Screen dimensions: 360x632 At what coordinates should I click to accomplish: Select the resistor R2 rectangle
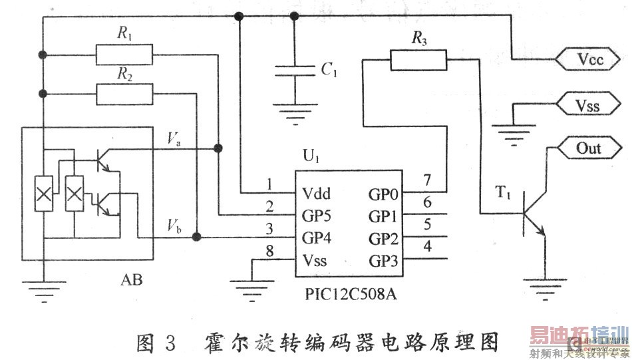124,94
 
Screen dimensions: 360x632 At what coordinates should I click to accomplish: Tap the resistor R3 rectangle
418,61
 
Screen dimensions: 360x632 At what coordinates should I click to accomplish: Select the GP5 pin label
317,216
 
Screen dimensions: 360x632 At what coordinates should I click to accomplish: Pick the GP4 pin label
317,238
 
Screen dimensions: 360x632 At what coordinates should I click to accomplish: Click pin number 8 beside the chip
269,252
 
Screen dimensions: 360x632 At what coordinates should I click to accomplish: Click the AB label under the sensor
131,280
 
